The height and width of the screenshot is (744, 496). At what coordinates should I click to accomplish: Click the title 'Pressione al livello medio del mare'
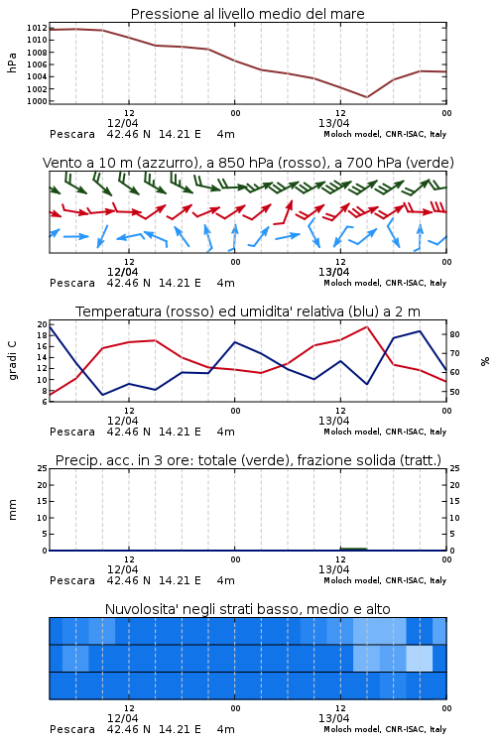[x=247, y=14]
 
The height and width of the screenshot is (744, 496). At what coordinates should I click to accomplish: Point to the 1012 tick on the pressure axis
[x=37, y=28]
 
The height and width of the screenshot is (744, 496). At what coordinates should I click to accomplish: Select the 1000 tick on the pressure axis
[x=37, y=101]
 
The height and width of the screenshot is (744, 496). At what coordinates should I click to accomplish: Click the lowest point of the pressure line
[x=367, y=97]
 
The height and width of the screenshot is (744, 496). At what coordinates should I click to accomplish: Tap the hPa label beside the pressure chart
[x=12, y=62]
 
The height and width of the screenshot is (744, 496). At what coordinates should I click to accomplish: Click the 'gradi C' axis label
[x=13, y=361]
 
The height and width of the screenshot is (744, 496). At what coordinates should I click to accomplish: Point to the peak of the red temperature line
[x=367, y=326]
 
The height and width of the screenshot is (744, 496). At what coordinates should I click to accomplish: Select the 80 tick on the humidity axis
[x=454, y=334]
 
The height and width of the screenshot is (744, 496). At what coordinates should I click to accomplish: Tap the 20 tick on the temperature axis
[x=43, y=324]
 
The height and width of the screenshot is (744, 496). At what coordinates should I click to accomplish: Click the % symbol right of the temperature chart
[x=485, y=361]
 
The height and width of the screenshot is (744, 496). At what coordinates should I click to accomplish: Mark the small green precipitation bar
[x=353, y=549]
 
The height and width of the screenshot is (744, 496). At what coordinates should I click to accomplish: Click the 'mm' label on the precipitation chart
[x=12, y=510]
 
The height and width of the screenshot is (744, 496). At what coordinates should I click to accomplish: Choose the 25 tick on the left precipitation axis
[x=43, y=468]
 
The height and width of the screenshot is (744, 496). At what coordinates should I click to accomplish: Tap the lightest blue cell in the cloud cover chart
[x=419, y=658]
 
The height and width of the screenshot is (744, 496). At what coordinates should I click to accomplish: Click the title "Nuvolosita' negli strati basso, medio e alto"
[x=247, y=609]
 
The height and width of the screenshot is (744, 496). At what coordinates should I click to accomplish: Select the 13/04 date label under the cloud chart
[x=333, y=718]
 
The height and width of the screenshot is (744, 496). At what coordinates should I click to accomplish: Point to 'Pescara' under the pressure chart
[x=72, y=134]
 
